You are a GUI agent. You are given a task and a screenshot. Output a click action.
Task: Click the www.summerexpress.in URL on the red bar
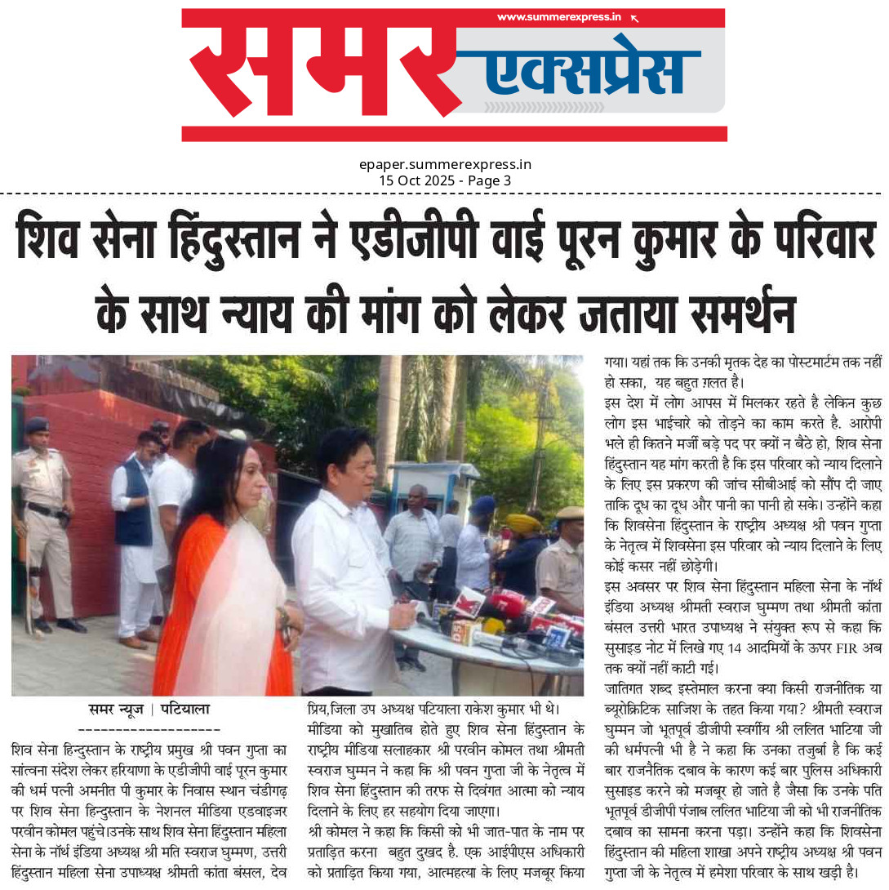click(x=559, y=17)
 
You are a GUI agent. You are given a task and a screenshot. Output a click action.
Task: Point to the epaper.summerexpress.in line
click(x=445, y=165)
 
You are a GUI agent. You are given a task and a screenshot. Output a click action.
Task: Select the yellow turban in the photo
click(x=523, y=523)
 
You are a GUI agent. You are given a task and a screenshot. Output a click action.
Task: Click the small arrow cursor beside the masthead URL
click(x=635, y=18)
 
